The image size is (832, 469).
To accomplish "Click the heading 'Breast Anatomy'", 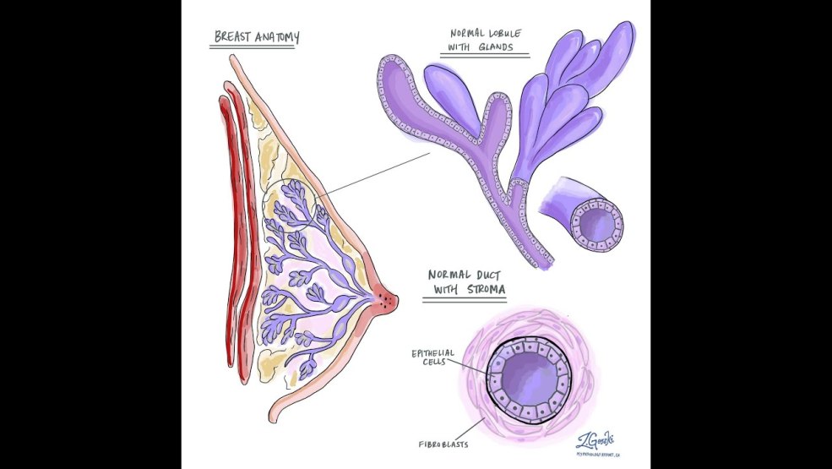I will tap(255, 37).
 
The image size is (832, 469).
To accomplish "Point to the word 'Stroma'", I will tap(486, 290).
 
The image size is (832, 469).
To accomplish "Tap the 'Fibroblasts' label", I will tap(443, 443).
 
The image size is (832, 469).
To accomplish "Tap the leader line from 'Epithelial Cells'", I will tap(471, 368).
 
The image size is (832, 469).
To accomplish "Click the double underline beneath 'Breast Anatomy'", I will tap(252, 48).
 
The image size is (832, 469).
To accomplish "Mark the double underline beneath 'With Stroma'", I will tap(466, 300).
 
